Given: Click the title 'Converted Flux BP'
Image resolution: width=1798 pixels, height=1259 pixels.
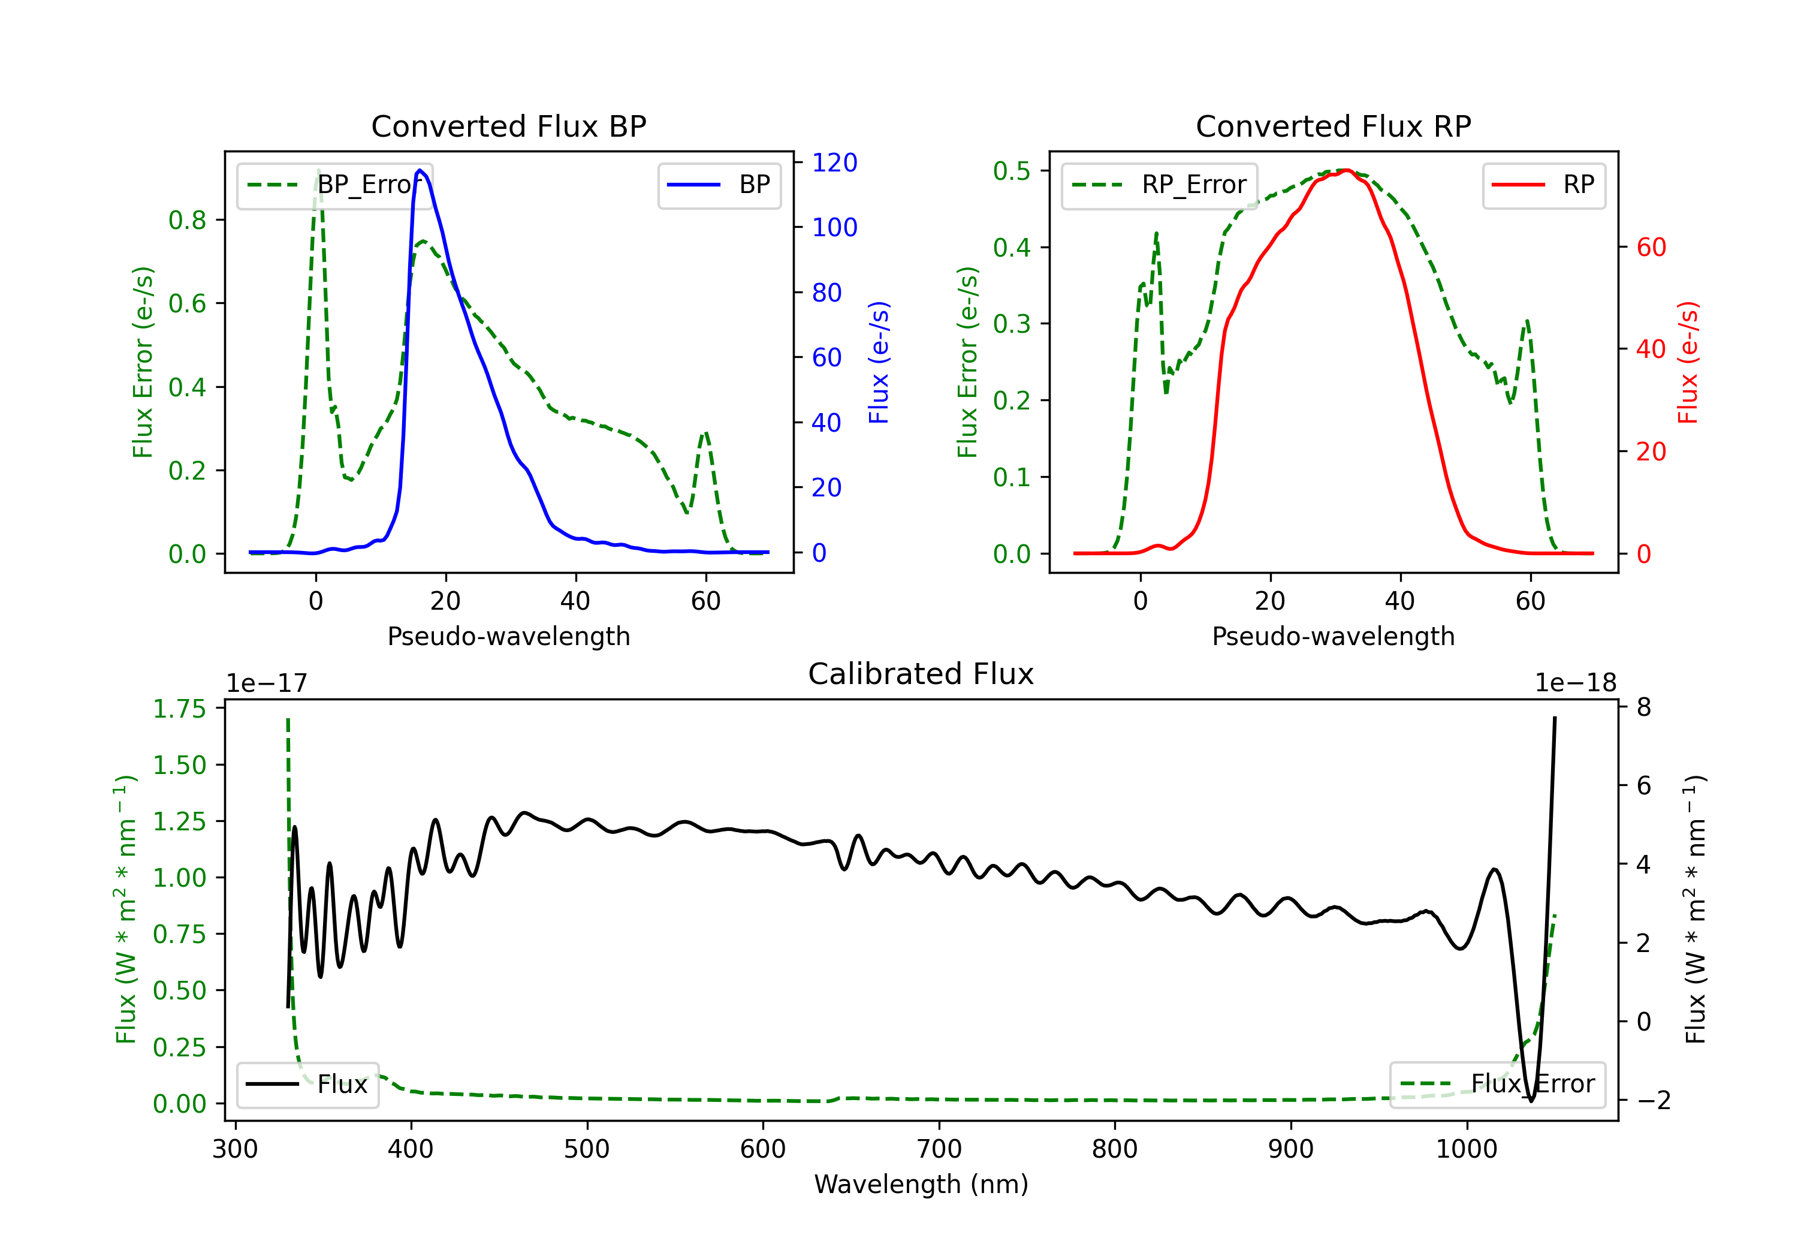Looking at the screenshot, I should click(x=508, y=126).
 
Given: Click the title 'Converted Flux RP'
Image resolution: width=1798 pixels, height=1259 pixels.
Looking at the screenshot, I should click(x=1333, y=126).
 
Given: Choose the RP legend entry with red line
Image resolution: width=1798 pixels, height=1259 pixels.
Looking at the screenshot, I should click(x=1543, y=185).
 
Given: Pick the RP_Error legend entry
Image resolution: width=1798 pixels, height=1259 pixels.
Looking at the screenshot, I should click(x=1159, y=185).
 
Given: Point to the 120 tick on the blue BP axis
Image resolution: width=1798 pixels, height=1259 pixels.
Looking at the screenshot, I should click(x=834, y=162).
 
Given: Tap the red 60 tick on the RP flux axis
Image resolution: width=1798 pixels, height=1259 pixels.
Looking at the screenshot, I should click(x=1651, y=248).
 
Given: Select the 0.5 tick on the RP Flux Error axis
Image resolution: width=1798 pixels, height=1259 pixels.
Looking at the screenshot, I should click(x=1011, y=171).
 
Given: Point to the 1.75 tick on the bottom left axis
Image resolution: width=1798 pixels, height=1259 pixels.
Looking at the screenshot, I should click(x=179, y=709).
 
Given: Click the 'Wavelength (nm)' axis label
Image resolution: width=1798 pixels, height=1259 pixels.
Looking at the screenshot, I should click(x=921, y=1184).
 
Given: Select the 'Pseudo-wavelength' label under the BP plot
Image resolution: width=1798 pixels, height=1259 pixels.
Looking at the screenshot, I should click(x=508, y=636).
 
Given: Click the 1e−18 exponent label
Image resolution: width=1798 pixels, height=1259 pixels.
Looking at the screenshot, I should click(x=1576, y=683).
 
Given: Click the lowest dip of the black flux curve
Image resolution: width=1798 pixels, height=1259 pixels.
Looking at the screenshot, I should click(x=1531, y=1100).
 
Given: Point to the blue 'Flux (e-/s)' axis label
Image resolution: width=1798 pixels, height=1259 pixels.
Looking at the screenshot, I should click(x=879, y=362).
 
